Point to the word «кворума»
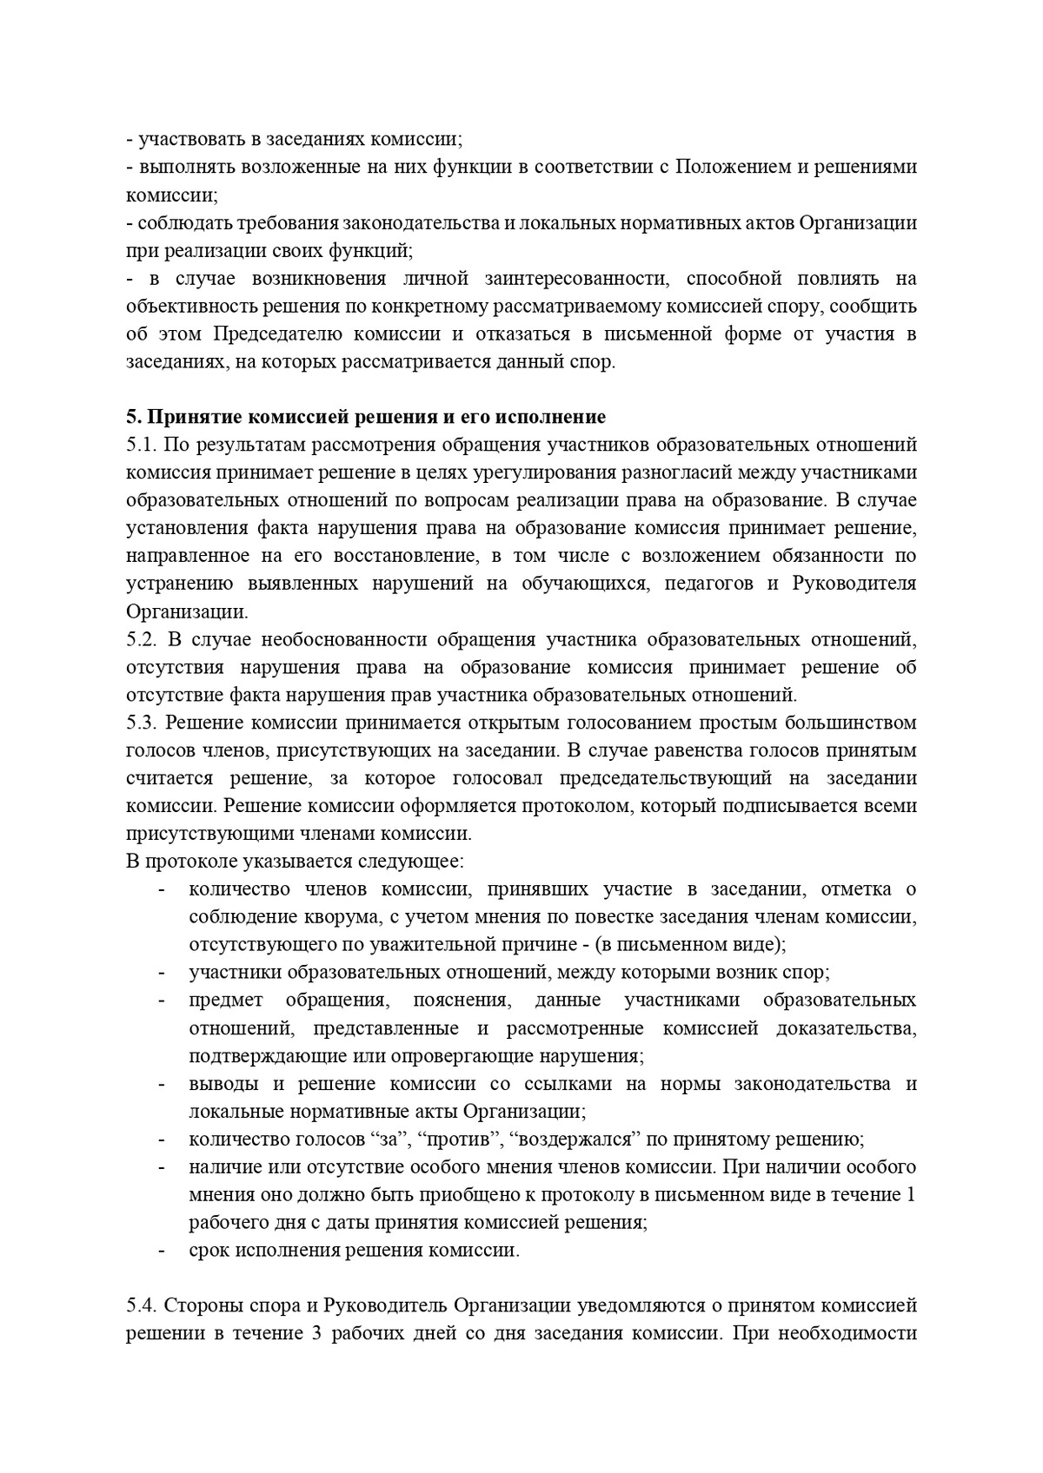[x=331, y=917]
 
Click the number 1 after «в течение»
[x=910, y=1195]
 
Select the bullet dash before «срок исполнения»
[x=162, y=1251]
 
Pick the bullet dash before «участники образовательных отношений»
[x=162, y=973]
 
